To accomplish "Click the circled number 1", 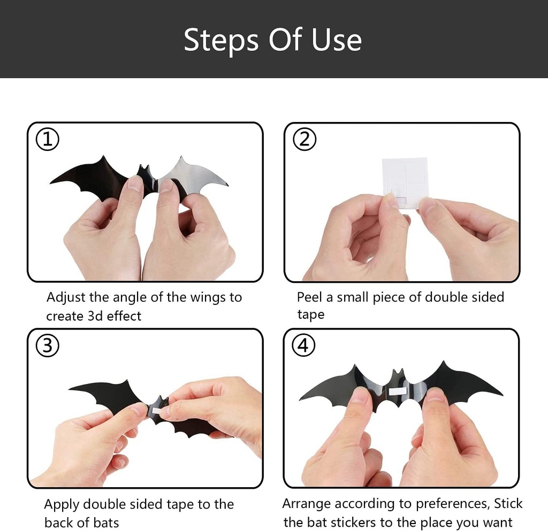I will coord(47,140).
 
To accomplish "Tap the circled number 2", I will coord(305,140).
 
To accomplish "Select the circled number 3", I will coord(47,346).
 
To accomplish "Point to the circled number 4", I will coord(303,346).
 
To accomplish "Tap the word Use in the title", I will coord(337,40).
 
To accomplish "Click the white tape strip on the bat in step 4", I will coord(398,391).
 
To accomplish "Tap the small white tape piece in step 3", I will coord(156,410).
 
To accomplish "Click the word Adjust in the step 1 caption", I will coord(64,297).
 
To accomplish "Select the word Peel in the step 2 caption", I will coord(309,297).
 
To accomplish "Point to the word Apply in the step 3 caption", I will coord(62,504).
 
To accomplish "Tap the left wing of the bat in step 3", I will coord(107,393).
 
